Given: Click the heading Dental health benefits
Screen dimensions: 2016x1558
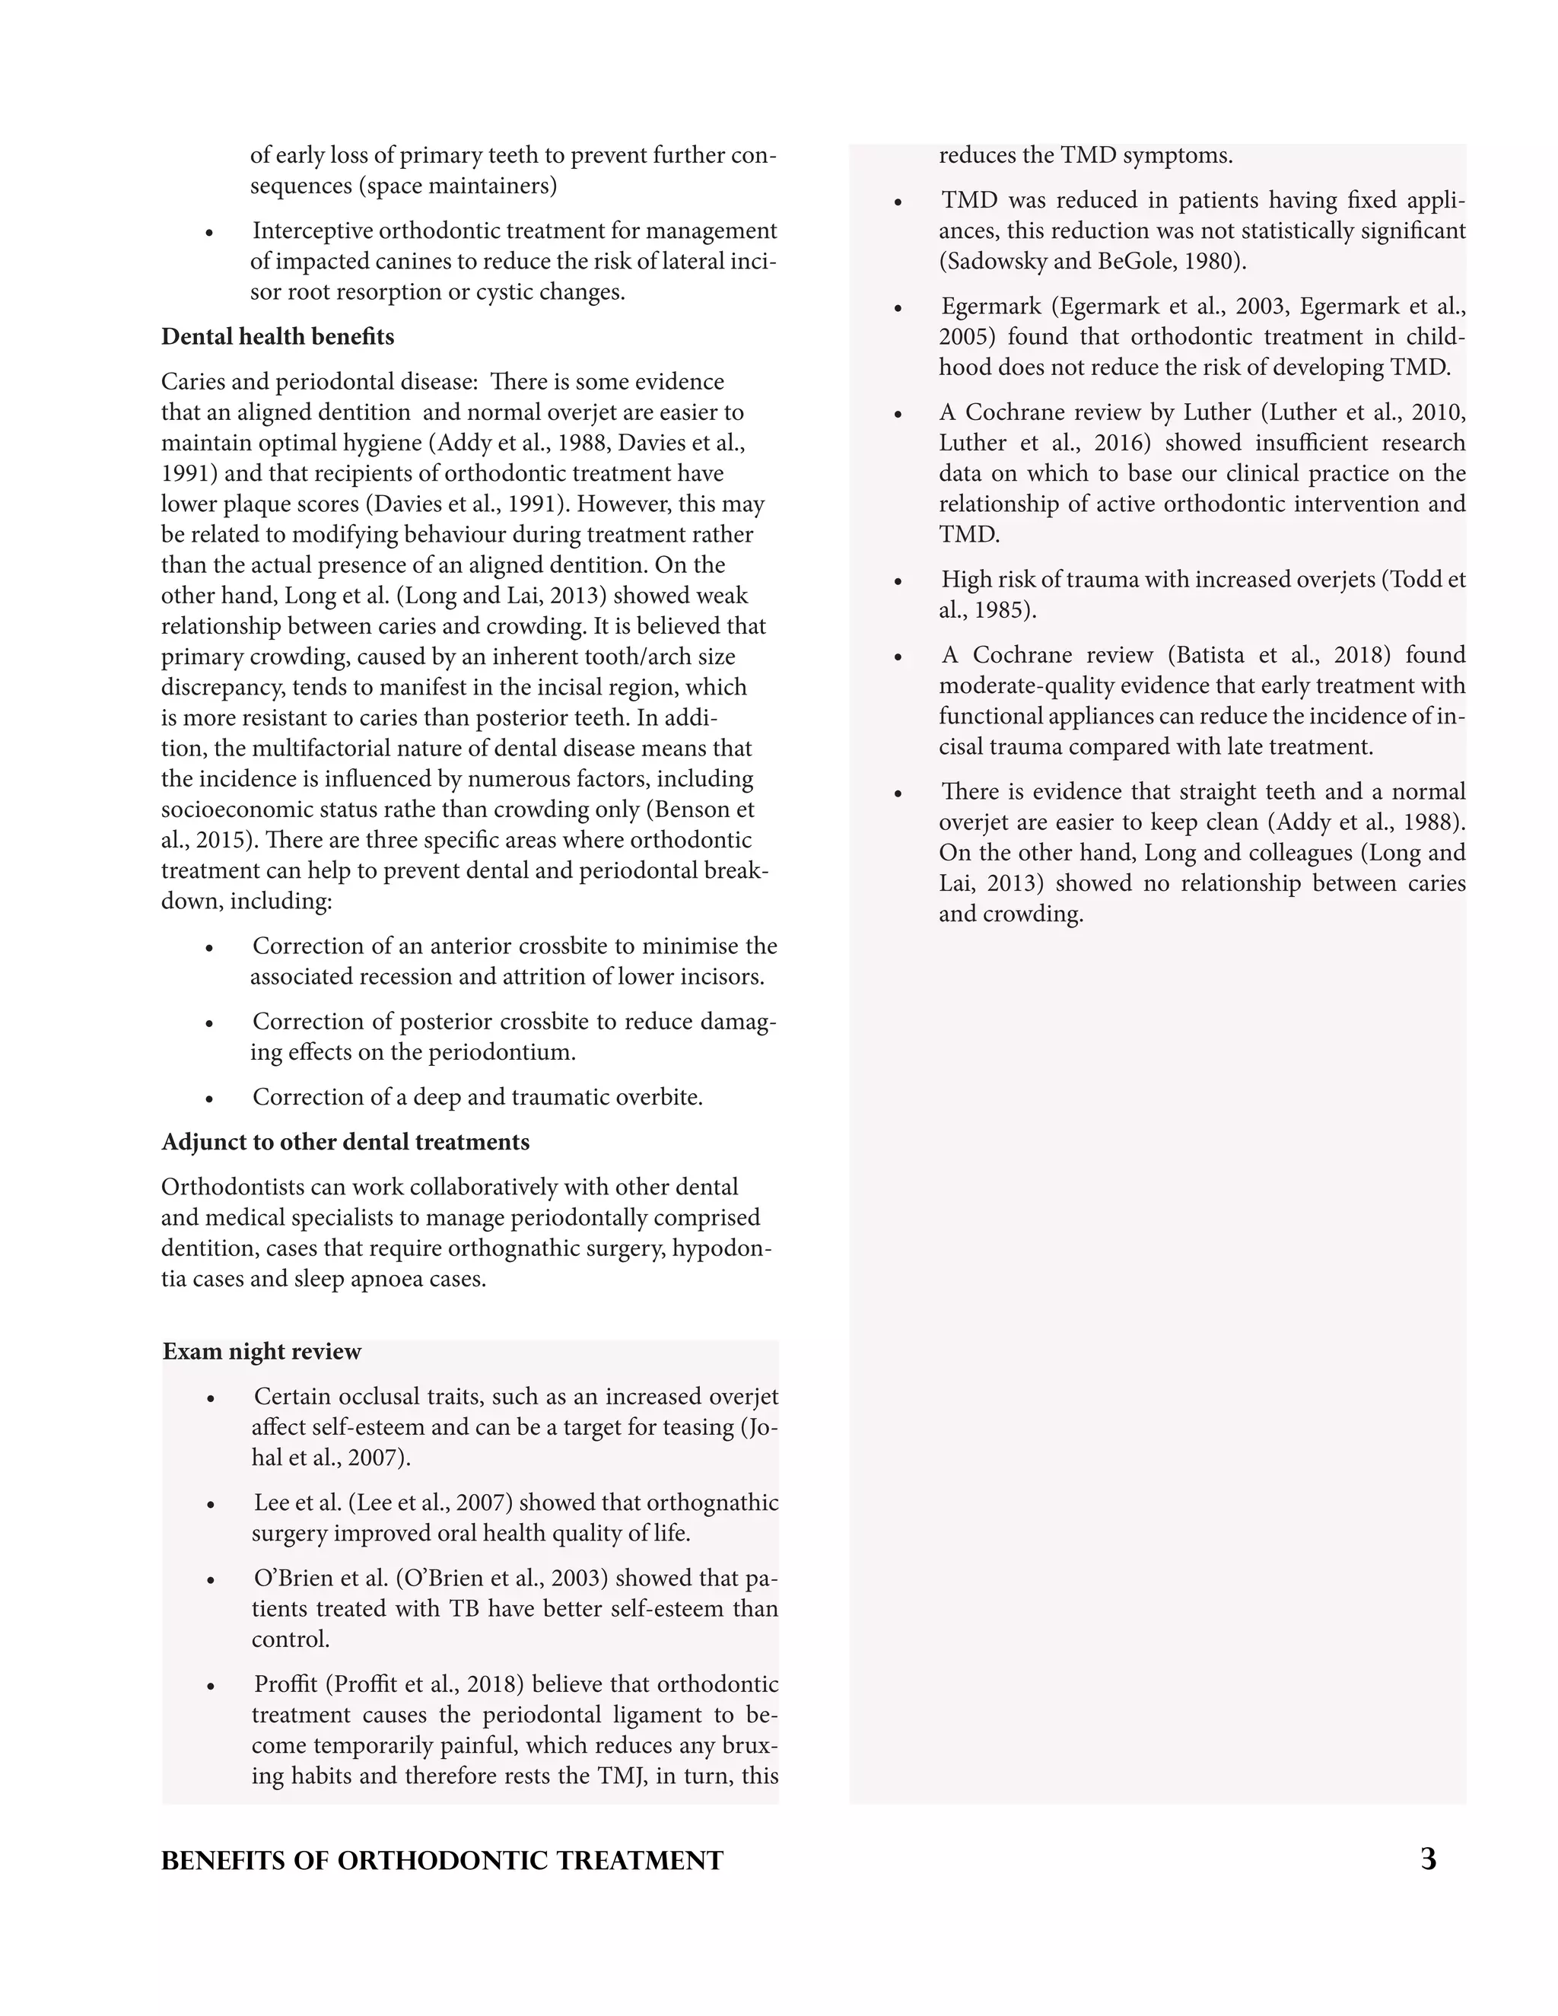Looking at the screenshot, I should (277, 337).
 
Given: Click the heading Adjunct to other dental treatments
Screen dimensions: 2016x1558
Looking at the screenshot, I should (345, 1143).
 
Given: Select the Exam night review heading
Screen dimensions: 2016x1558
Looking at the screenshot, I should (262, 1353).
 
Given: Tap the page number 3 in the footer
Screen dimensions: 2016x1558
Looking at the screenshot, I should (1428, 1859).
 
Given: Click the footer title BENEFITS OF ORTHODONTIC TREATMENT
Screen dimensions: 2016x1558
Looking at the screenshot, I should (442, 1861).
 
